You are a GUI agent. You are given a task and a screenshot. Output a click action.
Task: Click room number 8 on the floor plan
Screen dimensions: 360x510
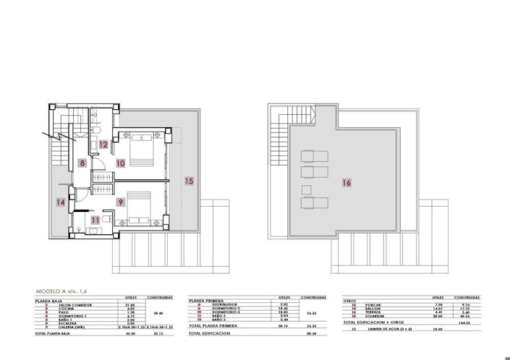pos(83,163)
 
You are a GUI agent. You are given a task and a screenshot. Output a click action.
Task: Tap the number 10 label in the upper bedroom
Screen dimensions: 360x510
pos(119,163)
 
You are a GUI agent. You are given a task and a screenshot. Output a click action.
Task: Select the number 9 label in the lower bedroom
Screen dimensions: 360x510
pos(119,202)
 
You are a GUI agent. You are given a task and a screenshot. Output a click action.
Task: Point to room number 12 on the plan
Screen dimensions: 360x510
pos(104,145)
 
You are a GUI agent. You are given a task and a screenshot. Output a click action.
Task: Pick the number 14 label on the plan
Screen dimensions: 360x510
pos(61,203)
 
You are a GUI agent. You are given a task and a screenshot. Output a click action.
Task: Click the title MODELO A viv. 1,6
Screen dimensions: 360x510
pos(65,291)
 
